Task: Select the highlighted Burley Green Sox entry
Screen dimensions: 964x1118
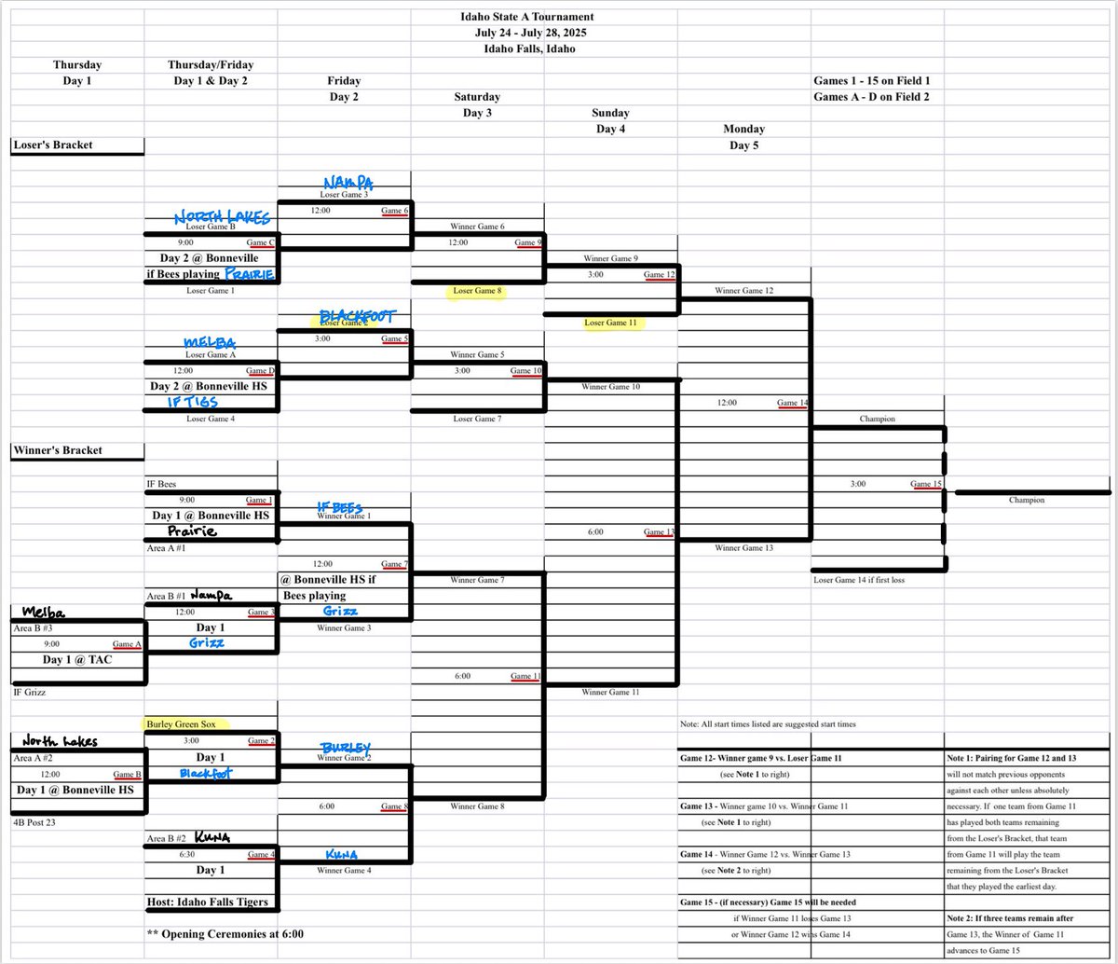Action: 188,723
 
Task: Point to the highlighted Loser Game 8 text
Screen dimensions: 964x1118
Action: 477,291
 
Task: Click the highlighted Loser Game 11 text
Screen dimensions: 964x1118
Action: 610,323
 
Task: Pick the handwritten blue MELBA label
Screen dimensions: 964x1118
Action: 210,342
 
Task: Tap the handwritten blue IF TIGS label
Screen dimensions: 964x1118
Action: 192,402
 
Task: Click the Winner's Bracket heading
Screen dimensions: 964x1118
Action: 58,450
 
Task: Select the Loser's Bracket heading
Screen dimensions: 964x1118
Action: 52,145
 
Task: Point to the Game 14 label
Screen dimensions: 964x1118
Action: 792,403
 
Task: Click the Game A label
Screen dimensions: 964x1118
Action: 127,644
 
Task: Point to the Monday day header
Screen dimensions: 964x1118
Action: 743,129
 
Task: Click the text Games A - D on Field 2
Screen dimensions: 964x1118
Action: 871,96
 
